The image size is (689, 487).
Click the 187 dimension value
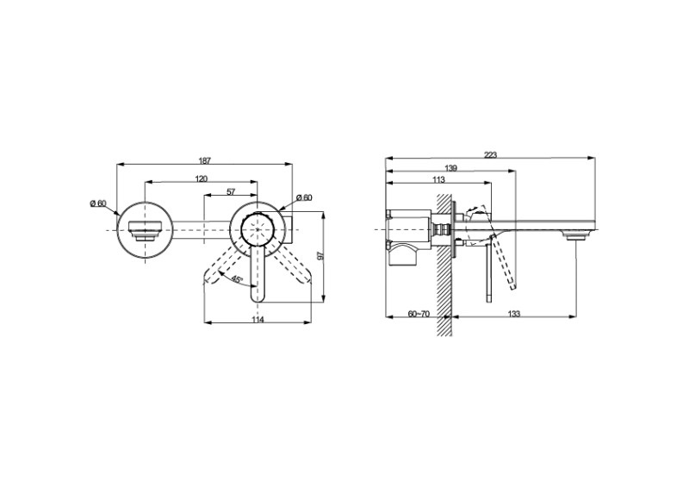205,160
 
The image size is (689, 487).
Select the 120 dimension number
202,178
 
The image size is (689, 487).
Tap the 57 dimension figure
231,192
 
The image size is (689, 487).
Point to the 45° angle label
237,279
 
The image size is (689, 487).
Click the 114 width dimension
258,320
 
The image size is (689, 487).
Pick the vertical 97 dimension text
320,256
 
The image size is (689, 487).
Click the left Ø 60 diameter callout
98,203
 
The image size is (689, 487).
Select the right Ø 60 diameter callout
304,197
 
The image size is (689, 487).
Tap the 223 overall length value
490,155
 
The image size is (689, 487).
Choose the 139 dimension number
450,168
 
